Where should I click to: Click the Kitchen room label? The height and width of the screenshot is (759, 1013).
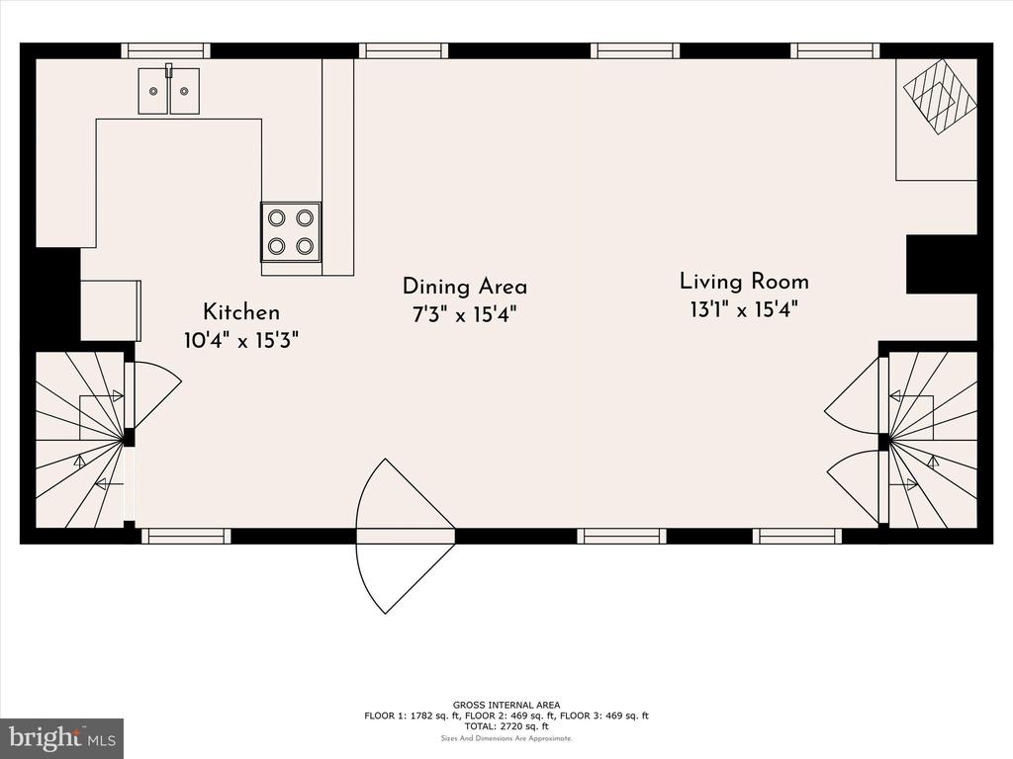tap(241, 312)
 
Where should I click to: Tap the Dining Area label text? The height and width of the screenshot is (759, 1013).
tap(465, 287)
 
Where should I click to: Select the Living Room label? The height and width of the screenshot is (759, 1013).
tap(744, 282)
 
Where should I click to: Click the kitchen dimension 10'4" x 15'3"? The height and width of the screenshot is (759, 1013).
tap(241, 340)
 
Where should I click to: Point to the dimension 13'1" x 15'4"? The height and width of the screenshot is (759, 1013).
tap(744, 309)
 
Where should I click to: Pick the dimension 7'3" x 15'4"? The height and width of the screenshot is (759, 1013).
tap(465, 315)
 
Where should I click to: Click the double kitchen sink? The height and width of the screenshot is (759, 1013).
tap(168, 90)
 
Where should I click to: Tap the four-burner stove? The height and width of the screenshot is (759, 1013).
tap(291, 231)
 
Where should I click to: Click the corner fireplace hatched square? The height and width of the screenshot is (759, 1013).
tap(940, 97)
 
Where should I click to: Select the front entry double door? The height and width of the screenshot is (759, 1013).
tap(405, 536)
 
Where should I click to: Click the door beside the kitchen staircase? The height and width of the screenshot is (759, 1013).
tap(153, 395)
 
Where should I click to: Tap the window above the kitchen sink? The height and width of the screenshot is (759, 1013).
tap(166, 51)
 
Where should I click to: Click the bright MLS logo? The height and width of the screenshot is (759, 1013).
tap(61, 738)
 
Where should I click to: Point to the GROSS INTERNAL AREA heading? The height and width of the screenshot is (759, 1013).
tap(506, 705)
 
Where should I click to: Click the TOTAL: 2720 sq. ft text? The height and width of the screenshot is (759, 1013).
tap(506, 726)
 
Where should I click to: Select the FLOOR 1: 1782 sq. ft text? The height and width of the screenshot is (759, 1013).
tap(412, 716)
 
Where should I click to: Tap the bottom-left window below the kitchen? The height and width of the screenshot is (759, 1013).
tap(186, 536)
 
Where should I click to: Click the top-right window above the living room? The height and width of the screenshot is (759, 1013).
tap(835, 51)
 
